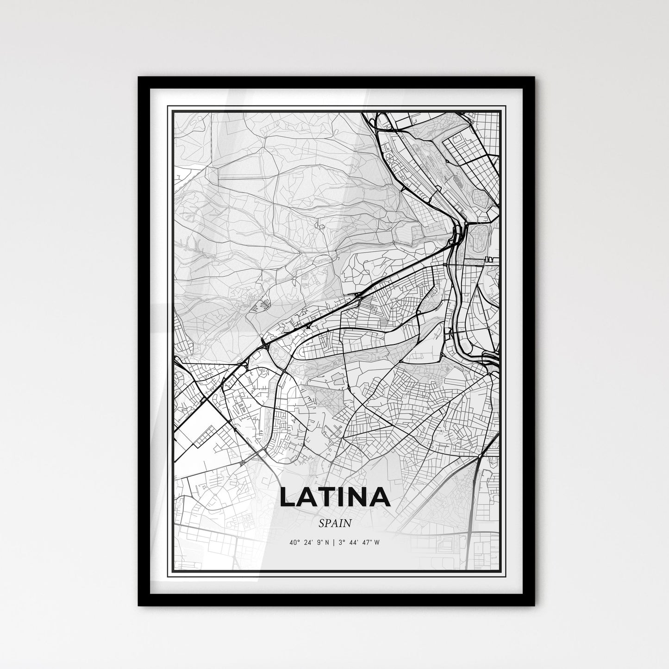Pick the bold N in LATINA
point(359,497)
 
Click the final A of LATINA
point(380,497)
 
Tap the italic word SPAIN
point(335,523)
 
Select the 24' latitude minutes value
point(308,543)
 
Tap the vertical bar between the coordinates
point(334,543)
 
